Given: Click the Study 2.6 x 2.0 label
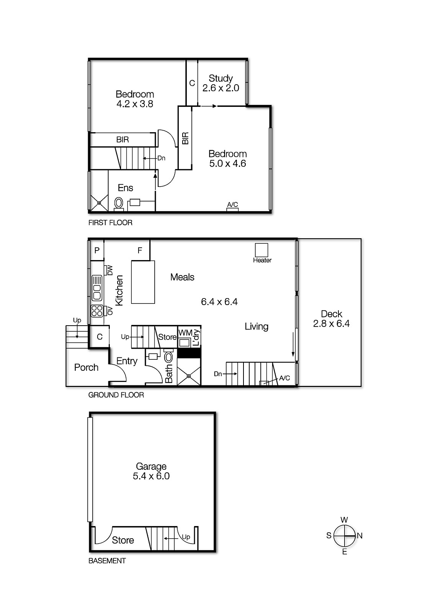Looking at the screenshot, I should tap(221, 83).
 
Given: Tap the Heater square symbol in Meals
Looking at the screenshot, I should tap(262, 250).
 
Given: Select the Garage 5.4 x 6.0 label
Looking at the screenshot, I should tap(151, 471).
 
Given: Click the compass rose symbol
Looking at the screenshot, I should tap(344, 536).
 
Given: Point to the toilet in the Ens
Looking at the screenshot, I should tap(119, 202).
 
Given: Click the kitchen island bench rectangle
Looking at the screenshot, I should tap(143, 282).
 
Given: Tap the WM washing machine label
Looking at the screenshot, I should tap(185, 333).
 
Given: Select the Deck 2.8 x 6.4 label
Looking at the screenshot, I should tap(331, 319).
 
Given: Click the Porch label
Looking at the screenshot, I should tap(86, 367).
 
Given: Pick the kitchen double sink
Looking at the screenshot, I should tap(97, 287).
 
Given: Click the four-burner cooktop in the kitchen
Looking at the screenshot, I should tap(97, 310).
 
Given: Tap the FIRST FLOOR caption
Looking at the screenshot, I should tap(110, 223).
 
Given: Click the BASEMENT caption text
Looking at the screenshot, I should tap(107, 561).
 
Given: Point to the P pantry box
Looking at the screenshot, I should tap(97, 251).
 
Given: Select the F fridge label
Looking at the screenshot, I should tap(140, 251).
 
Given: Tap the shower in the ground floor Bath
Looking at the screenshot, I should tap(189, 376).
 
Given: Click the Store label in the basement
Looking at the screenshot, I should tap(123, 540).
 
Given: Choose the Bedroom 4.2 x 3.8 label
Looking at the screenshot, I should tap(135, 99).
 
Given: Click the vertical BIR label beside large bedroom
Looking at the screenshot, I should tap(185, 138).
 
